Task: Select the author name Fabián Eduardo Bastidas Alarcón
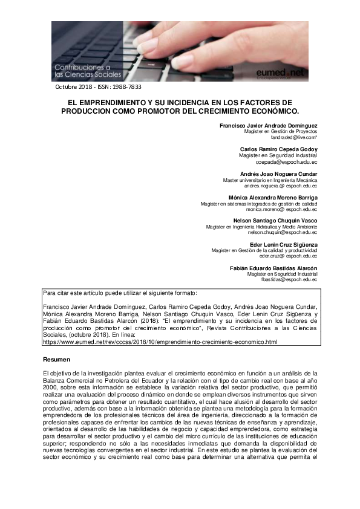tap(274, 268)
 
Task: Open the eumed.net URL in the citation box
tap(160, 342)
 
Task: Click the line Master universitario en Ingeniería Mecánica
tap(270, 180)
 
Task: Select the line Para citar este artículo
tap(120, 293)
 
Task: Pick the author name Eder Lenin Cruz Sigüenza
tap(284, 244)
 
